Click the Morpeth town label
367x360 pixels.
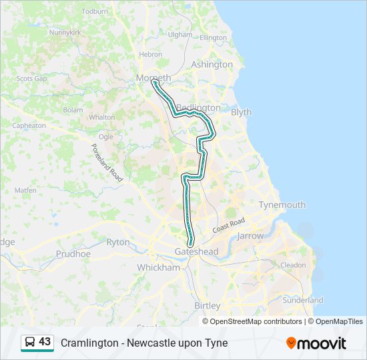(153, 78)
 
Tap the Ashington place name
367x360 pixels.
(212, 65)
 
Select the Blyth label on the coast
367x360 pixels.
(241, 112)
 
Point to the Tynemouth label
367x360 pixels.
(282, 205)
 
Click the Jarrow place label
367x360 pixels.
(250, 236)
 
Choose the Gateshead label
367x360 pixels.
(196, 251)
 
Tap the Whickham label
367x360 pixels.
(158, 267)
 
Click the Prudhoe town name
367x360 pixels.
(73, 254)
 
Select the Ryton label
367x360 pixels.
(118, 243)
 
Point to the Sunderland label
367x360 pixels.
(303, 300)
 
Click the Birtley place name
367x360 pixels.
(207, 305)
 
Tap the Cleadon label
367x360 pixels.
(293, 265)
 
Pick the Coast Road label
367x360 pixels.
(229, 225)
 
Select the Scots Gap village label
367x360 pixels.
(31, 78)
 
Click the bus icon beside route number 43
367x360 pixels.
(30, 342)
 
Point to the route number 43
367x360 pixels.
(45, 341)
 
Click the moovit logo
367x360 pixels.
(316, 343)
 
